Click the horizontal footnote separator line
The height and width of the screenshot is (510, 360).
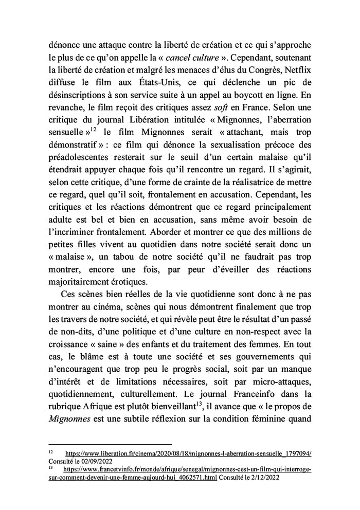coord(110,445)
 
